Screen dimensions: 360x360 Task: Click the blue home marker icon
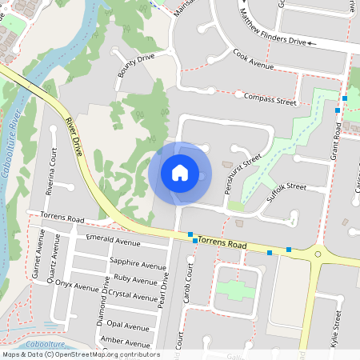pyautogui.click(x=180, y=173)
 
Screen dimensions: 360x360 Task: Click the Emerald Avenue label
pyautogui.click(x=116, y=241)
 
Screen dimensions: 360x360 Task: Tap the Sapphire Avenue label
pyautogui.click(x=137, y=263)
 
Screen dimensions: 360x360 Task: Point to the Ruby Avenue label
pyautogui.click(x=135, y=279)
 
